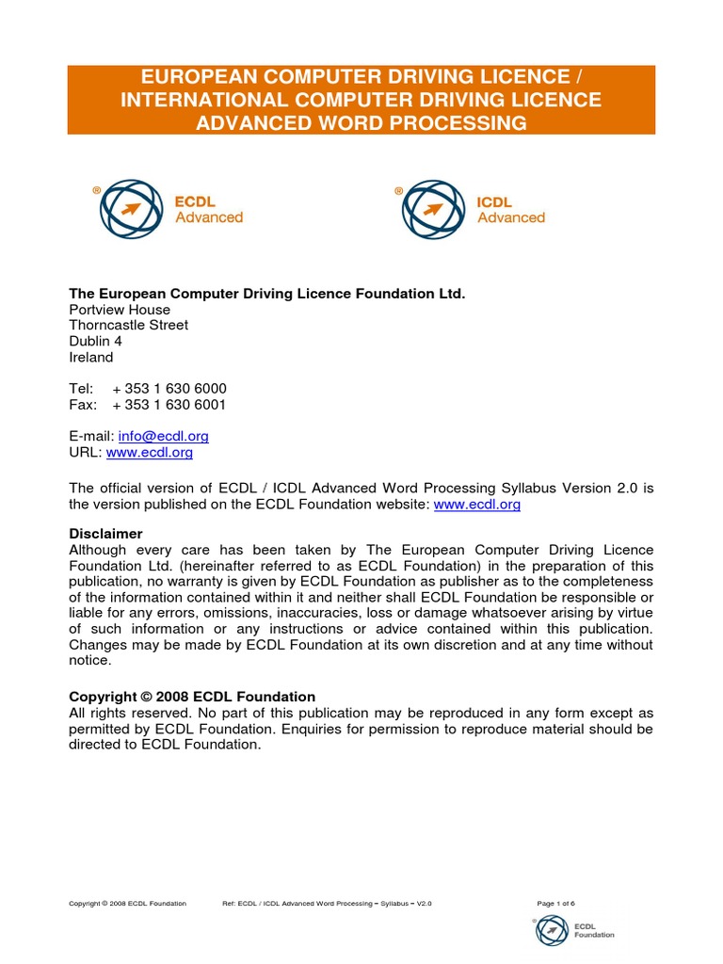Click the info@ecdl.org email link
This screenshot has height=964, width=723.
tap(163, 436)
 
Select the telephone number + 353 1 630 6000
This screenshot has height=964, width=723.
tap(169, 389)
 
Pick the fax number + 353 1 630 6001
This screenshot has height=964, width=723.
tap(169, 405)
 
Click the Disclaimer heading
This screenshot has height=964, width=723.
tap(106, 534)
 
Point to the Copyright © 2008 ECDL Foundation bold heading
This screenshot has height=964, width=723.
tap(192, 697)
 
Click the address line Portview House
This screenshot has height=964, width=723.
tap(120, 310)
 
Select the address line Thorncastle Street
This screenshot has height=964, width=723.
tap(129, 325)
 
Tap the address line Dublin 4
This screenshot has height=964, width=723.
tap(96, 341)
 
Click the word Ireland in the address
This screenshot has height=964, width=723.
tap(91, 358)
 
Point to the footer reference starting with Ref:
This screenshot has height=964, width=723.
tap(327, 903)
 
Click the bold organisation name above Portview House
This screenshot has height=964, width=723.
tap(267, 294)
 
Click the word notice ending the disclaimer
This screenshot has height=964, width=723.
tap(90, 661)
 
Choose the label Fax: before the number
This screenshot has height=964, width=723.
tap(83, 405)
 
